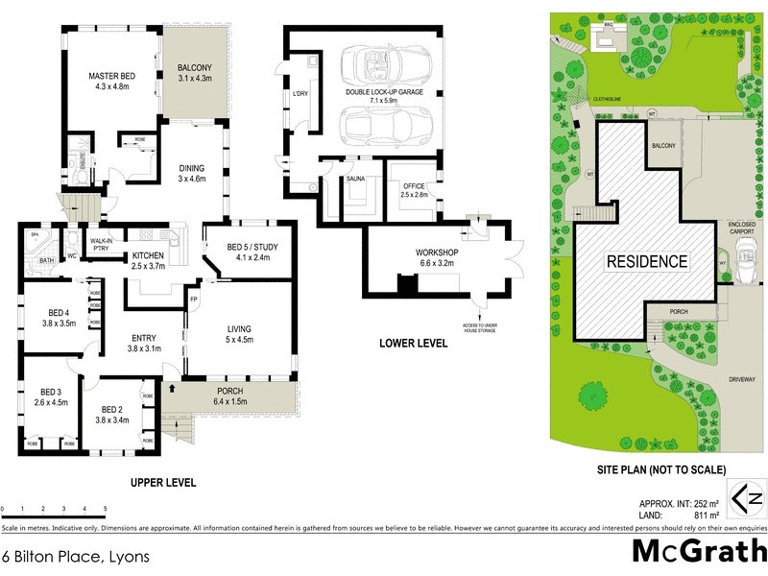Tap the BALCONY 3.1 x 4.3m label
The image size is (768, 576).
click(x=195, y=73)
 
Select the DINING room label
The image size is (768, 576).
click(x=193, y=172)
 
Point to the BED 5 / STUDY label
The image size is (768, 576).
click(x=241, y=253)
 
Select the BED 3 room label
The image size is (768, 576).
click(x=51, y=396)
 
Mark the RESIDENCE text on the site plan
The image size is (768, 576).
click(x=645, y=261)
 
